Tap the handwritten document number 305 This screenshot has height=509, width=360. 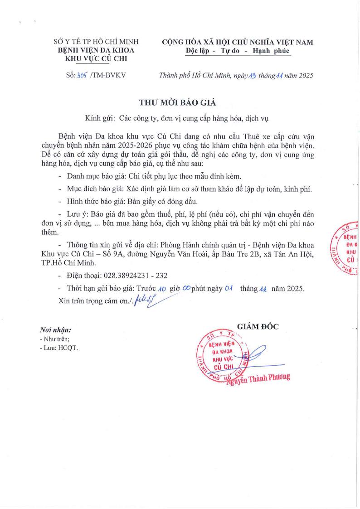coord(82,76)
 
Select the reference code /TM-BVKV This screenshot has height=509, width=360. coord(107,76)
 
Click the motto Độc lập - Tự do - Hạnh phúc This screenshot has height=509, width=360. coord(237,51)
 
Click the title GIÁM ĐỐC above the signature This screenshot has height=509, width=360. coord(258,326)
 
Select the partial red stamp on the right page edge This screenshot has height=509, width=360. coord(346,249)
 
